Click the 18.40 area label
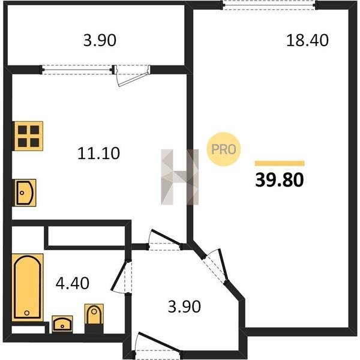click(307, 40)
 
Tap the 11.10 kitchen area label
click(98, 154)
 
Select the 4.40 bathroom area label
click(73, 283)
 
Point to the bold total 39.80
click(280, 180)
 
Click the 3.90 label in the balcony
click(100, 40)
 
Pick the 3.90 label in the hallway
click(184, 306)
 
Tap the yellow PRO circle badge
click(223, 149)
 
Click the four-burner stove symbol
click(28, 136)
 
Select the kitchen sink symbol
click(25, 193)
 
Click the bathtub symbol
click(28, 287)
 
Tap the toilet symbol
click(94, 319)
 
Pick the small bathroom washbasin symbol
click(62, 324)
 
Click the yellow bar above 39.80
click(280, 163)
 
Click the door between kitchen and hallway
click(165, 238)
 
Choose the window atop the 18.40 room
click(269, 5)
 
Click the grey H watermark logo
click(180, 177)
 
